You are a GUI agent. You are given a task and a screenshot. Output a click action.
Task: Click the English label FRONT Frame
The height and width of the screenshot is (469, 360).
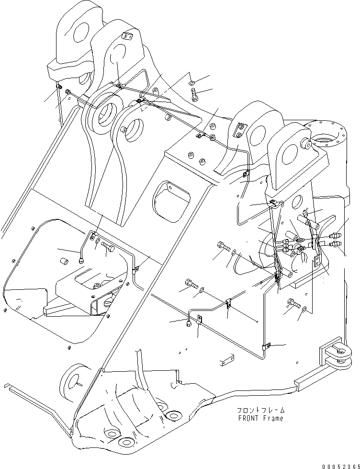click(x=260, y=418)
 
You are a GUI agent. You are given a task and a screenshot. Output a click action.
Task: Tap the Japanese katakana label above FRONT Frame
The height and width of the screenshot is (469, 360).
click(x=260, y=411)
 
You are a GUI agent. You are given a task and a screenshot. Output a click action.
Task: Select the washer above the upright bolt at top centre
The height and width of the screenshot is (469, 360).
click(x=191, y=82)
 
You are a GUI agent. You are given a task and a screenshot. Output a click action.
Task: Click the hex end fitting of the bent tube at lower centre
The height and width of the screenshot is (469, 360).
click(x=190, y=324)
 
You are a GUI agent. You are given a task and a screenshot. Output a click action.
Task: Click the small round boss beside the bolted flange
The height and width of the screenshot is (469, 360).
click(x=303, y=142)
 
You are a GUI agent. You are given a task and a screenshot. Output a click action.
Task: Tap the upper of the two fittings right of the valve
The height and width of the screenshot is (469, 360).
click(x=334, y=235)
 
